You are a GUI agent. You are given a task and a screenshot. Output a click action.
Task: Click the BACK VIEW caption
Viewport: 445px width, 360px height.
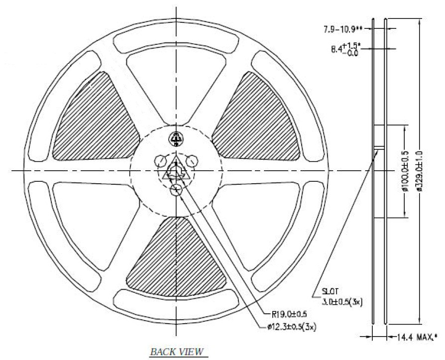click(178, 352)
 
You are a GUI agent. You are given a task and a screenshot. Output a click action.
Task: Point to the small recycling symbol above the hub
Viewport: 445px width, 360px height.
click(176, 138)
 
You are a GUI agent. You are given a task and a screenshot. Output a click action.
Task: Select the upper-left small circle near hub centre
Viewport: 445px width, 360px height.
click(160, 160)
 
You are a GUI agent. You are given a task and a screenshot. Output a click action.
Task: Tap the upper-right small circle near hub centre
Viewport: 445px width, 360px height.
click(192, 160)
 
